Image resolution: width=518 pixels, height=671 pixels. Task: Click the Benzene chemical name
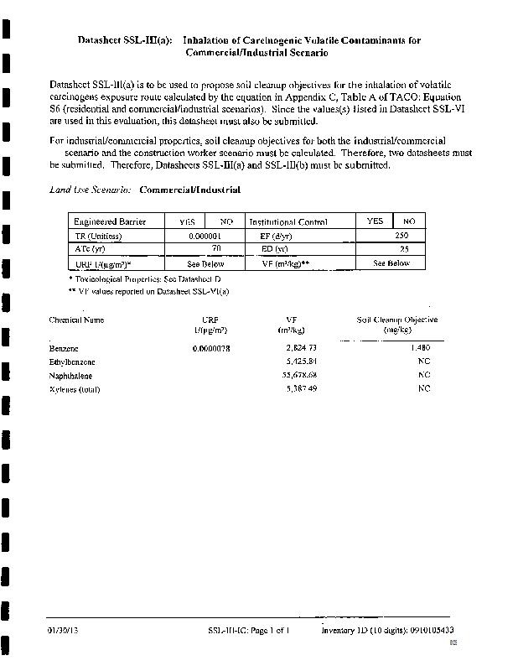pos(65,347)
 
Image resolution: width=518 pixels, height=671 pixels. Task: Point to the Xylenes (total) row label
pos(75,388)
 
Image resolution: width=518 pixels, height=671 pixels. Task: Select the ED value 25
pos(403,250)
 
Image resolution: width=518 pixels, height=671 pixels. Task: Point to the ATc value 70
pos(215,250)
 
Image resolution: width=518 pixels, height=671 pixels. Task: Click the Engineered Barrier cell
pos(110,222)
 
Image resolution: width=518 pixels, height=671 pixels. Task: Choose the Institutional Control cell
pos(287,222)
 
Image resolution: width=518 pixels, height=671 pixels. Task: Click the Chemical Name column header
pos(76,320)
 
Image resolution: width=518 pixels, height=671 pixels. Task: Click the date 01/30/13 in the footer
pos(63,629)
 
